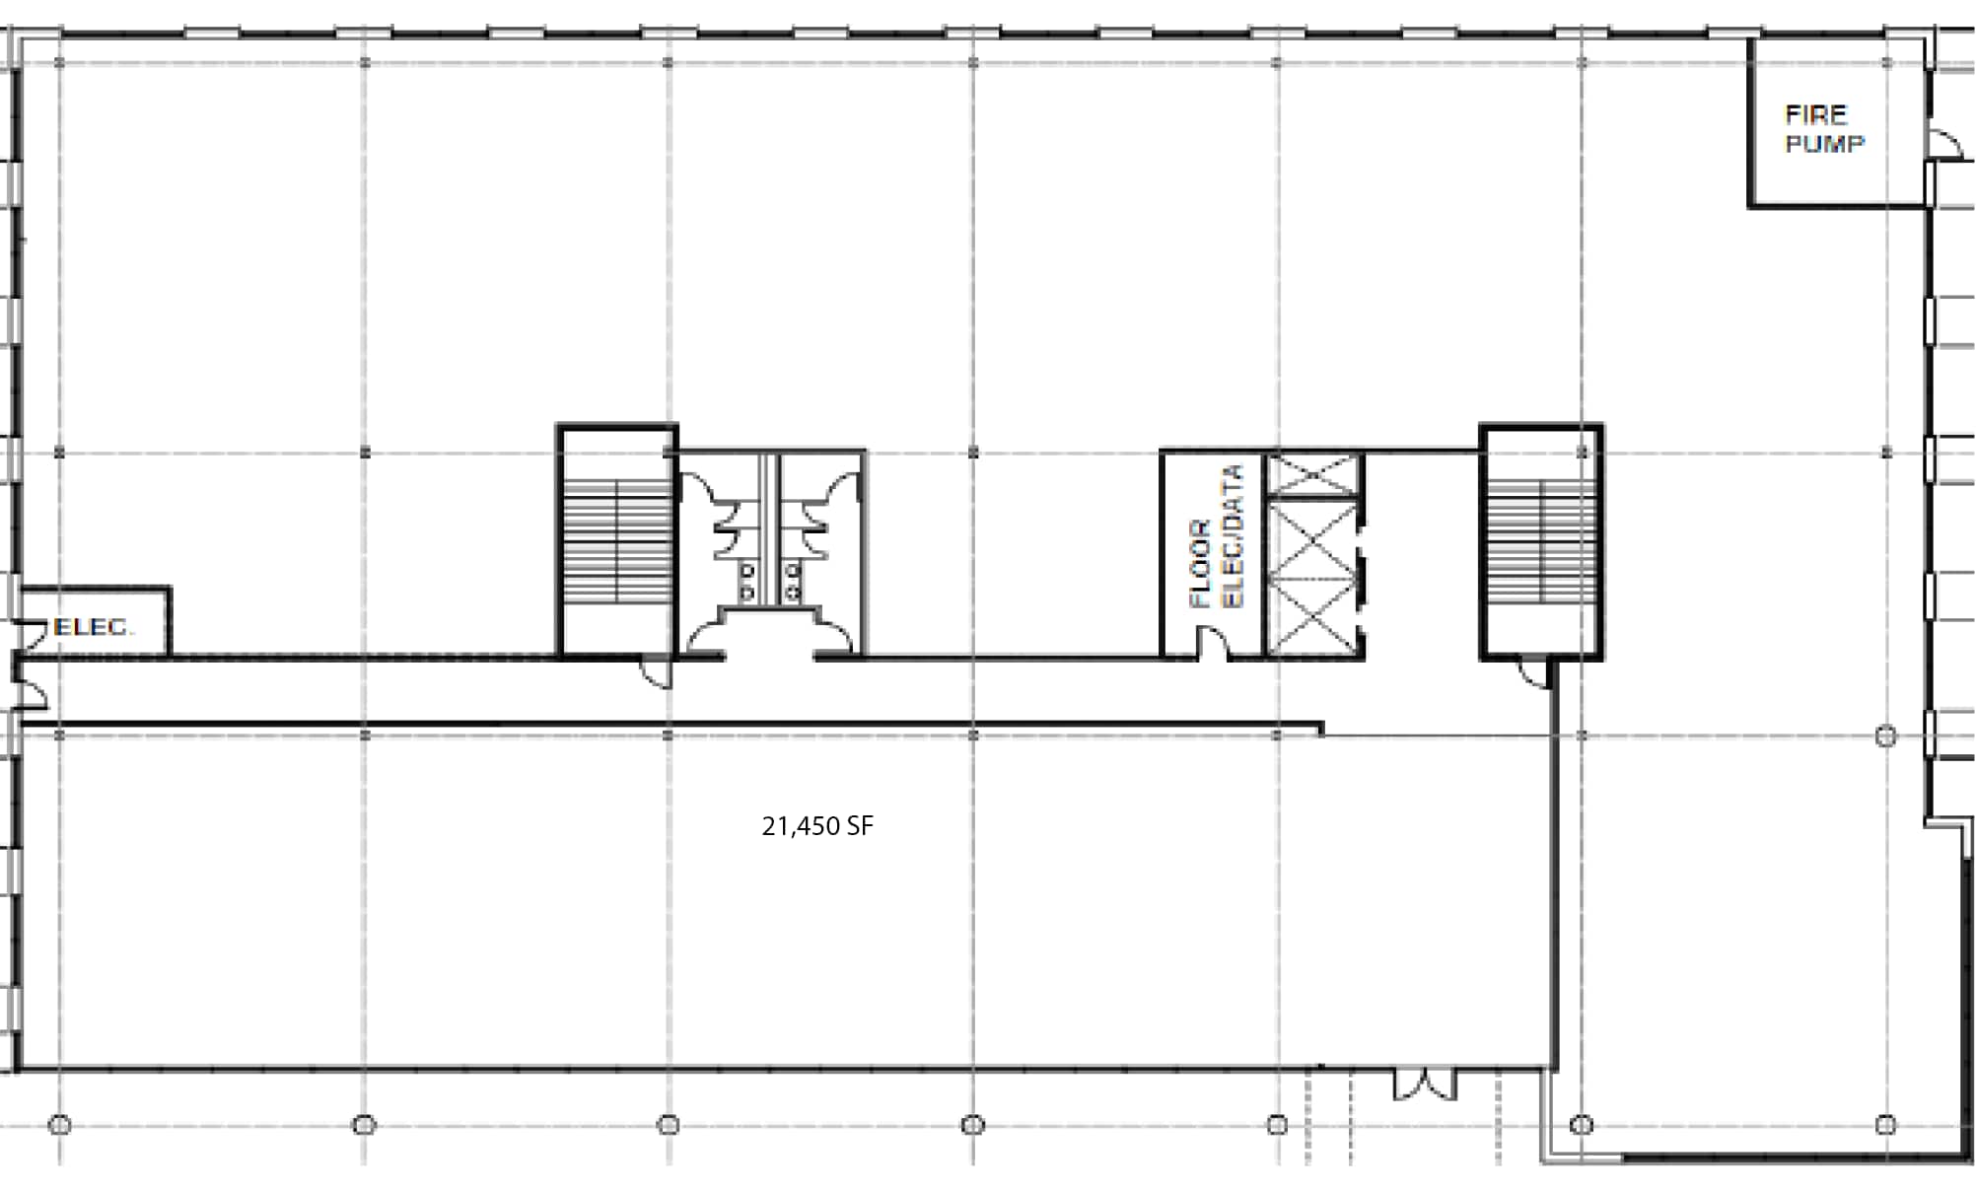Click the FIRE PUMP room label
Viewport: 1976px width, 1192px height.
pyautogui.click(x=1824, y=129)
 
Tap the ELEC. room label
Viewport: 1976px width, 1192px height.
pyautogui.click(x=94, y=627)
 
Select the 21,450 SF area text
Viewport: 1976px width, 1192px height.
pyautogui.click(x=817, y=826)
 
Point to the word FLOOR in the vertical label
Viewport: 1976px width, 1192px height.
pyautogui.click(x=1200, y=564)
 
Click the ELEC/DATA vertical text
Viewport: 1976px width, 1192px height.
pyautogui.click(x=1233, y=536)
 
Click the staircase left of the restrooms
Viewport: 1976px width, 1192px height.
pyautogui.click(x=616, y=540)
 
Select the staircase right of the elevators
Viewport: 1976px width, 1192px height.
pyautogui.click(x=1540, y=540)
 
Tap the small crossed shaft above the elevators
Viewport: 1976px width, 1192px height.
pyautogui.click(x=1311, y=474)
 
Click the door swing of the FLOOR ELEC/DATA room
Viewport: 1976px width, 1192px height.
pyautogui.click(x=1213, y=643)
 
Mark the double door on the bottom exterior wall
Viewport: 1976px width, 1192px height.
pyautogui.click(x=1424, y=1085)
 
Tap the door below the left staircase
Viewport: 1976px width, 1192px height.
pyautogui.click(x=657, y=672)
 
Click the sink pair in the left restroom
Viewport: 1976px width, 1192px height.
pyautogui.click(x=746, y=582)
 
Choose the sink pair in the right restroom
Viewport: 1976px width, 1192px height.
pyautogui.click(x=791, y=582)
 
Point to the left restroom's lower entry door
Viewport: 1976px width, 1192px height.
pyautogui.click(x=704, y=639)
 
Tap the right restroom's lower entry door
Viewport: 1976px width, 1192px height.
pyautogui.click(x=834, y=639)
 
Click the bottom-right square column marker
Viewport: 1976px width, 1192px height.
pyautogui.click(x=1885, y=1124)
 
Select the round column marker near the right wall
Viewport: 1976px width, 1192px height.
pyautogui.click(x=1885, y=736)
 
